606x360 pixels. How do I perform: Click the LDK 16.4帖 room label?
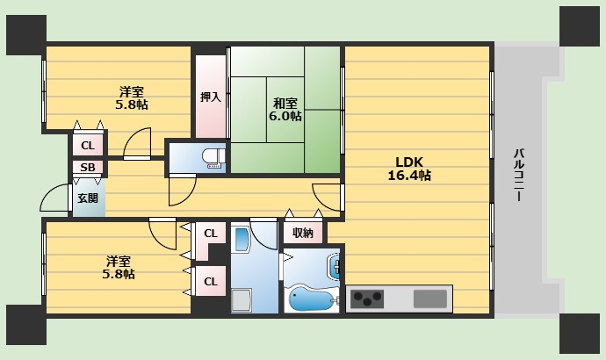click(409, 169)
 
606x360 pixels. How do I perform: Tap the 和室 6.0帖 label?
click(285, 109)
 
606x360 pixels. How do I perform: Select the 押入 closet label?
click(211, 97)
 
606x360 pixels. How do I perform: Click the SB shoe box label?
click(88, 167)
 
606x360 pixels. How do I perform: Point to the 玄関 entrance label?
click(88, 198)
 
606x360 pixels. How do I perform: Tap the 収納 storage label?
click(303, 233)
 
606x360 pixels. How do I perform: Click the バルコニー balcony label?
click(519, 175)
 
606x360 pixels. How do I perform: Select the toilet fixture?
click(213, 158)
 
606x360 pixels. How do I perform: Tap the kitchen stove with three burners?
click(367, 299)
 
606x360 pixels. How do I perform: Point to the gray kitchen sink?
click(430, 299)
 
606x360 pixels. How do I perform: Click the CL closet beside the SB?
click(88, 145)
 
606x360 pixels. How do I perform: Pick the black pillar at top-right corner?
click(580, 26)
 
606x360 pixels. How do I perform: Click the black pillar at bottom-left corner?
click(26, 325)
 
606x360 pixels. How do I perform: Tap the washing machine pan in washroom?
click(242, 300)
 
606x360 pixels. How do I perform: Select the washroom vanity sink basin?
click(242, 240)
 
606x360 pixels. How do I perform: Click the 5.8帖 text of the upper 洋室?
click(132, 104)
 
